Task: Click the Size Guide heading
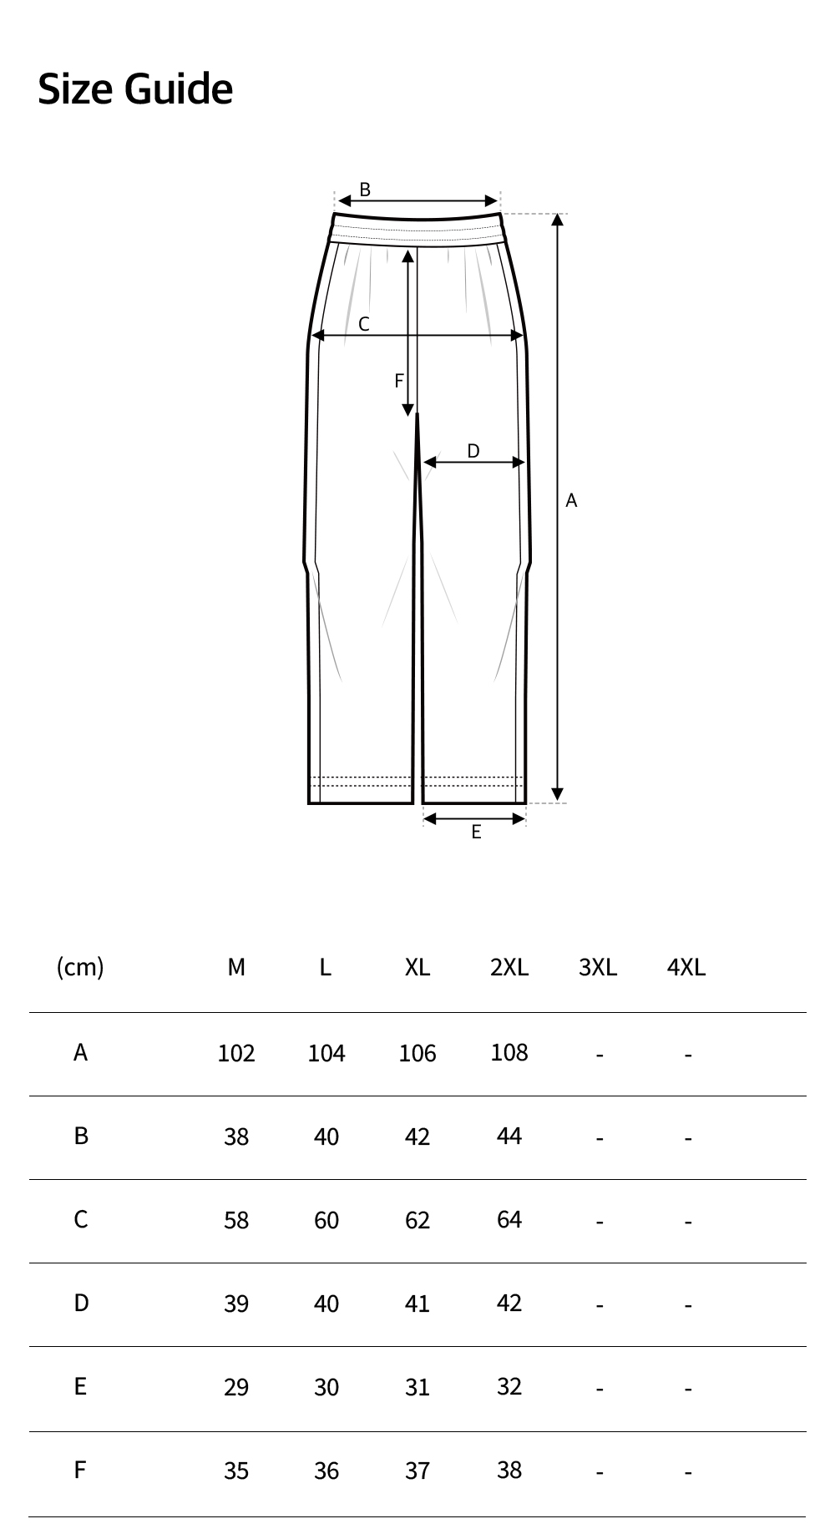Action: (x=135, y=89)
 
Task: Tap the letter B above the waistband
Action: (x=365, y=190)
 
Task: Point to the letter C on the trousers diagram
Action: (x=364, y=325)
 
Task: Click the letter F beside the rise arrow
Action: (x=399, y=381)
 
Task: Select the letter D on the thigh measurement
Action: (x=473, y=452)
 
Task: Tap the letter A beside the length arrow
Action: (x=571, y=500)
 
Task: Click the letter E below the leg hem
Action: (x=476, y=832)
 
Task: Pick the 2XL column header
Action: (x=509, y=967)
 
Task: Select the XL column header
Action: (x=417, y=967)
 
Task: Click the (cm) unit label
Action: (x=80, y=967)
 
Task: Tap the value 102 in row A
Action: (x=236, y=1053)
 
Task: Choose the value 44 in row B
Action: (x=509, y=1136)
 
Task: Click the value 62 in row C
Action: (x=417, y=1220)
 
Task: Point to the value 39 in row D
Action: (x=236, y=1304)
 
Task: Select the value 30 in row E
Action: (x=326, y=1387)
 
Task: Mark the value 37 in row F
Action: (x=417, y=1471)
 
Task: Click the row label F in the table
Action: (x=80, y=1470)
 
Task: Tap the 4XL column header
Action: (x=686, y=967)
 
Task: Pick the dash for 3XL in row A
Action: (x=600, y=1055)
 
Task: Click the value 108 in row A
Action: (x=509, y=1052)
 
